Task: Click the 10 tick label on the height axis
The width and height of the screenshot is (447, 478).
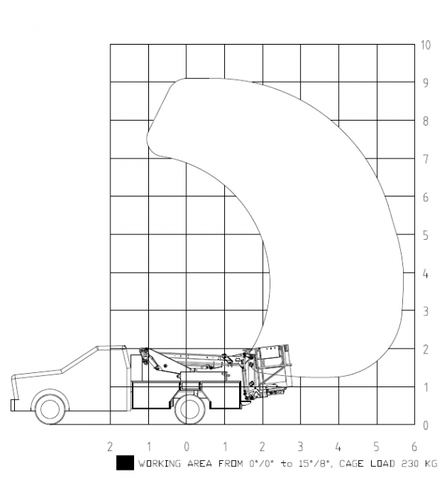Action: click(426, 45)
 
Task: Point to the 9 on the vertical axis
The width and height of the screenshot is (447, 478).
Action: click(425, 83)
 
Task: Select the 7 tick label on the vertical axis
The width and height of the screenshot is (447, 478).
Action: click(425, 159)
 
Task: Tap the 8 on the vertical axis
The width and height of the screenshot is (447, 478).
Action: click(425, 121)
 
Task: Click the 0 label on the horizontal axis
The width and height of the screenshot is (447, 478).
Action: click(186, 447)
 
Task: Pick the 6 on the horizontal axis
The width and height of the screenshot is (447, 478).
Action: click(414, 447)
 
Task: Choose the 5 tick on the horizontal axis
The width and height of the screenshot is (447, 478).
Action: click(376, 447)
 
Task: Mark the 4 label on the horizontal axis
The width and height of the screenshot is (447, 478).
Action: click(338, 447)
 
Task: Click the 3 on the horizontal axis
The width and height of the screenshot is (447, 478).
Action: click(300, 447)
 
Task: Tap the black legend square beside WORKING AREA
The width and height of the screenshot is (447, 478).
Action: click(125, 462)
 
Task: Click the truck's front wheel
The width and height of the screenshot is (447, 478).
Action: click(51, 408)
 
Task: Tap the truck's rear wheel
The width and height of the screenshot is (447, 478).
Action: click(190, 407)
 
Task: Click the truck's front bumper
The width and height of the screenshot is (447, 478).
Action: click(14, 405)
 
